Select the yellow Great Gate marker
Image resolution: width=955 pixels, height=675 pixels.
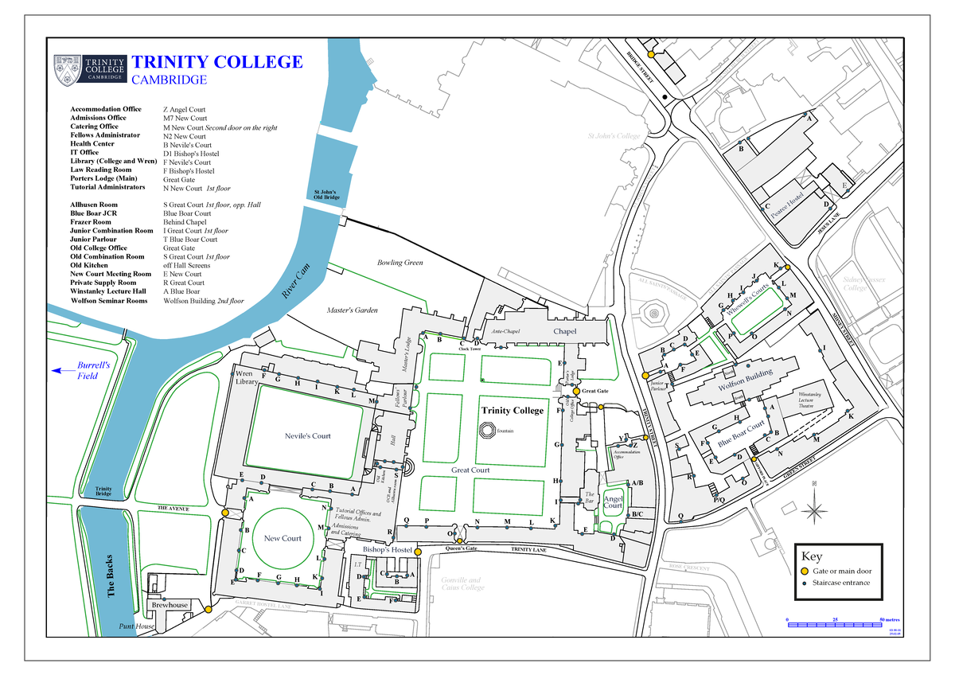pos(576,391)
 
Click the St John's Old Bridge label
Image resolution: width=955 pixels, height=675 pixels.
pos(324,194)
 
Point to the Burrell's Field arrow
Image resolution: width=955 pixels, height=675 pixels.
pos(57,370)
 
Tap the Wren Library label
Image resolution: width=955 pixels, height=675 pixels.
pos(246,377)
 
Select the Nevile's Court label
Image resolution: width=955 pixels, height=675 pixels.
pos(307,435)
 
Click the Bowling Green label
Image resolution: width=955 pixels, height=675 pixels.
pos(400,263)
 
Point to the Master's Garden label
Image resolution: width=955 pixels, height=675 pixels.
pos(353,310)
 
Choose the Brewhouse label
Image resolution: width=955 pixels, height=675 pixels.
pos(170,605)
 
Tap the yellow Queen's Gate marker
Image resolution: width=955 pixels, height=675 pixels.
pos(459,541)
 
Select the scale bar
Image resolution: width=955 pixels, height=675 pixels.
pos(836,625)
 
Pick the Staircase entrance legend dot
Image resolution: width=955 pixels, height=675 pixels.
pos(804,583)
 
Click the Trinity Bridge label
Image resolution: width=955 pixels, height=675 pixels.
pos(103,491)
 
